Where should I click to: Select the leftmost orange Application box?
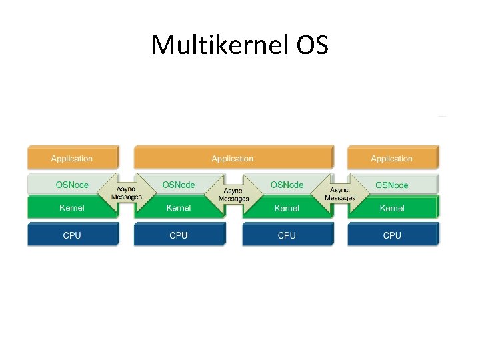[72, 158]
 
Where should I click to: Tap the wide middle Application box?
[233, 158]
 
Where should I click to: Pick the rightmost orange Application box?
[392, 158]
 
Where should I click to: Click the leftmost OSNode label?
[72, 185]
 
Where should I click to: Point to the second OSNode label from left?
[179, 185]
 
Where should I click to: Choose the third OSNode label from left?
[287, 185]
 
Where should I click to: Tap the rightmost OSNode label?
[392, 185]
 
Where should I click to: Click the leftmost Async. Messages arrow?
[127, 193]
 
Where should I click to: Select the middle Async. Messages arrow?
[233, 195]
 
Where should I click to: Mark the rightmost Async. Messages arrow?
[340, 193]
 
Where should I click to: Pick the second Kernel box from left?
[179, 208]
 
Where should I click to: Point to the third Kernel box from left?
[287, 208]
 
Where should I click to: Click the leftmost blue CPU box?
[72, 235]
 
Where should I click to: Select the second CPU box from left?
[179, 235]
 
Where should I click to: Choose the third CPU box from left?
[287, 235]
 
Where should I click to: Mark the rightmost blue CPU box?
[392, 235]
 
